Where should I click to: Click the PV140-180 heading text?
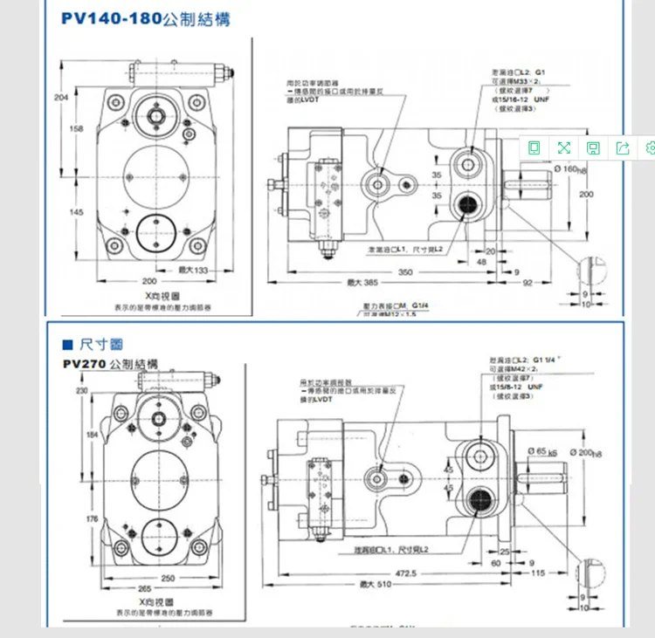(x=110, y=18)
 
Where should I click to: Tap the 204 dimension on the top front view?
(x=60, y=97)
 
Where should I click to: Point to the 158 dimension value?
(x=76, y=129)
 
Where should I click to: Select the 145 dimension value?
(x=76, y=212)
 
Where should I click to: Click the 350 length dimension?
(x=405, y=272)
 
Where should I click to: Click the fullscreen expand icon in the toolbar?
(x=563, y=148)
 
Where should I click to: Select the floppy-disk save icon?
(x=593, y=148)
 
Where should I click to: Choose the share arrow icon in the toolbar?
(x=623, y=148)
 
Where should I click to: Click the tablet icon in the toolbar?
(x=534, y=148)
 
